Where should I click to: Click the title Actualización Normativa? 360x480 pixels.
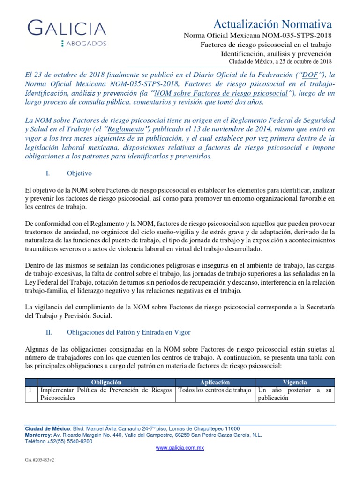(273, 24)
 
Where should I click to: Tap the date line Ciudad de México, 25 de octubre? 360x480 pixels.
(280, 61)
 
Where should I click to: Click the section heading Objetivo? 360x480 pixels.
(79, 173)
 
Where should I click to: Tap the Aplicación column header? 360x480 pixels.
(215, 382)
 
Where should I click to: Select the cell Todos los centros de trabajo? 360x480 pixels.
(214, 390)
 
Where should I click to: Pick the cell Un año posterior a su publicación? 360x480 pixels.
(295, 394)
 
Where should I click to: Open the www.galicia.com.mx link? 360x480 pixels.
(180, 448)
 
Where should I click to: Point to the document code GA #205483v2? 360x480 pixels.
(40, 461)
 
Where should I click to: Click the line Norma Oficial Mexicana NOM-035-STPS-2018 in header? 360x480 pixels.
(257, 36)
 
